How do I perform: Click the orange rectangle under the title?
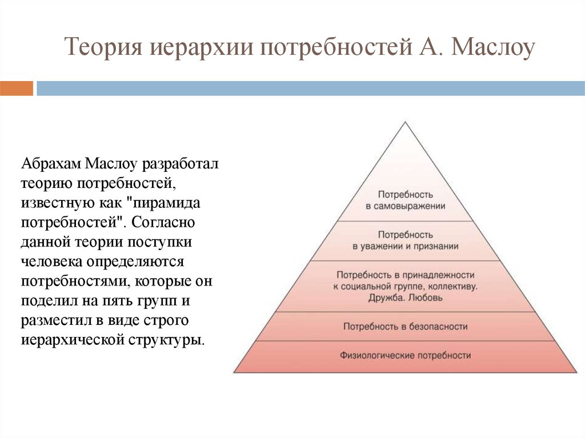17,89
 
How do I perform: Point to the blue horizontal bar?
310,89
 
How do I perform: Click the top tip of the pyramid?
405,122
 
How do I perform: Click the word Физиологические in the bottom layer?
377,356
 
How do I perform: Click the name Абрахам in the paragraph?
51,164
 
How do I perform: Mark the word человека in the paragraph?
51,262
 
